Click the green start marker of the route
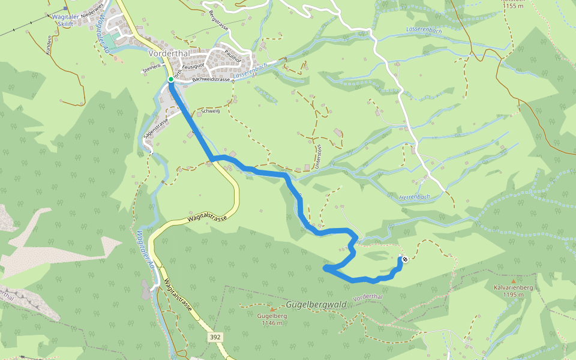coord(170,79)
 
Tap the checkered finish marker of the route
coord(405,259)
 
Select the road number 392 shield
coord(215,338)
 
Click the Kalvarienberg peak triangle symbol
coord(513,281)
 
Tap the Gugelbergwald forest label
coord(316,305)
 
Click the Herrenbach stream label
coord(415,197)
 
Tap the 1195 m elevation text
coord(515,295)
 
